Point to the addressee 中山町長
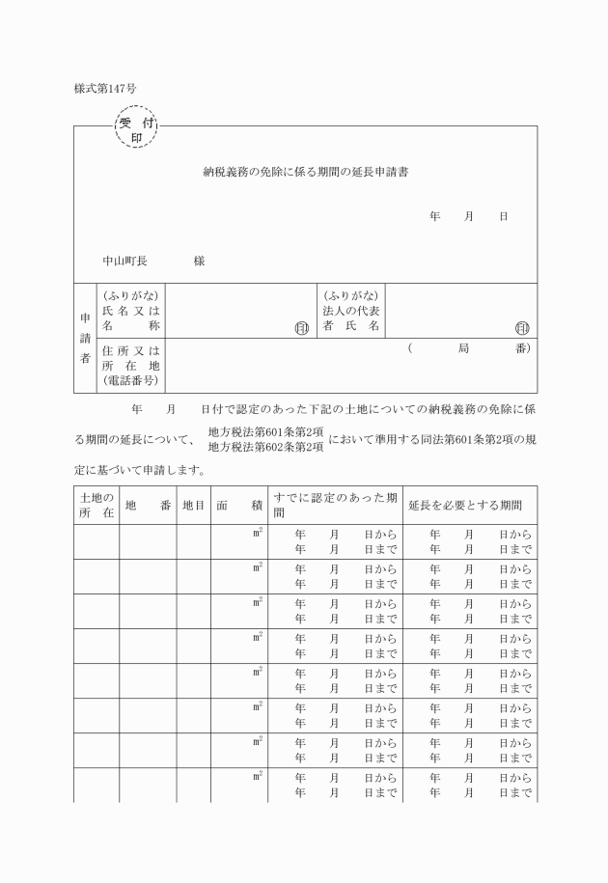tap(125, 261)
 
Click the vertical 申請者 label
tap(83, 337)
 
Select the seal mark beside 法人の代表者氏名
tap(522, 327)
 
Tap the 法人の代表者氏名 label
tap(351, 311)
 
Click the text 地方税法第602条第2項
tap(265, 446)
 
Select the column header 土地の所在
tap(96, 505)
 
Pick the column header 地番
tap(148, 505)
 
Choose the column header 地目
tap(193, 505)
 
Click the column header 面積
tap(239, 505)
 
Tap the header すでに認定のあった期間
tap(334, 505)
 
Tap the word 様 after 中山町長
tap(199, 261)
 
